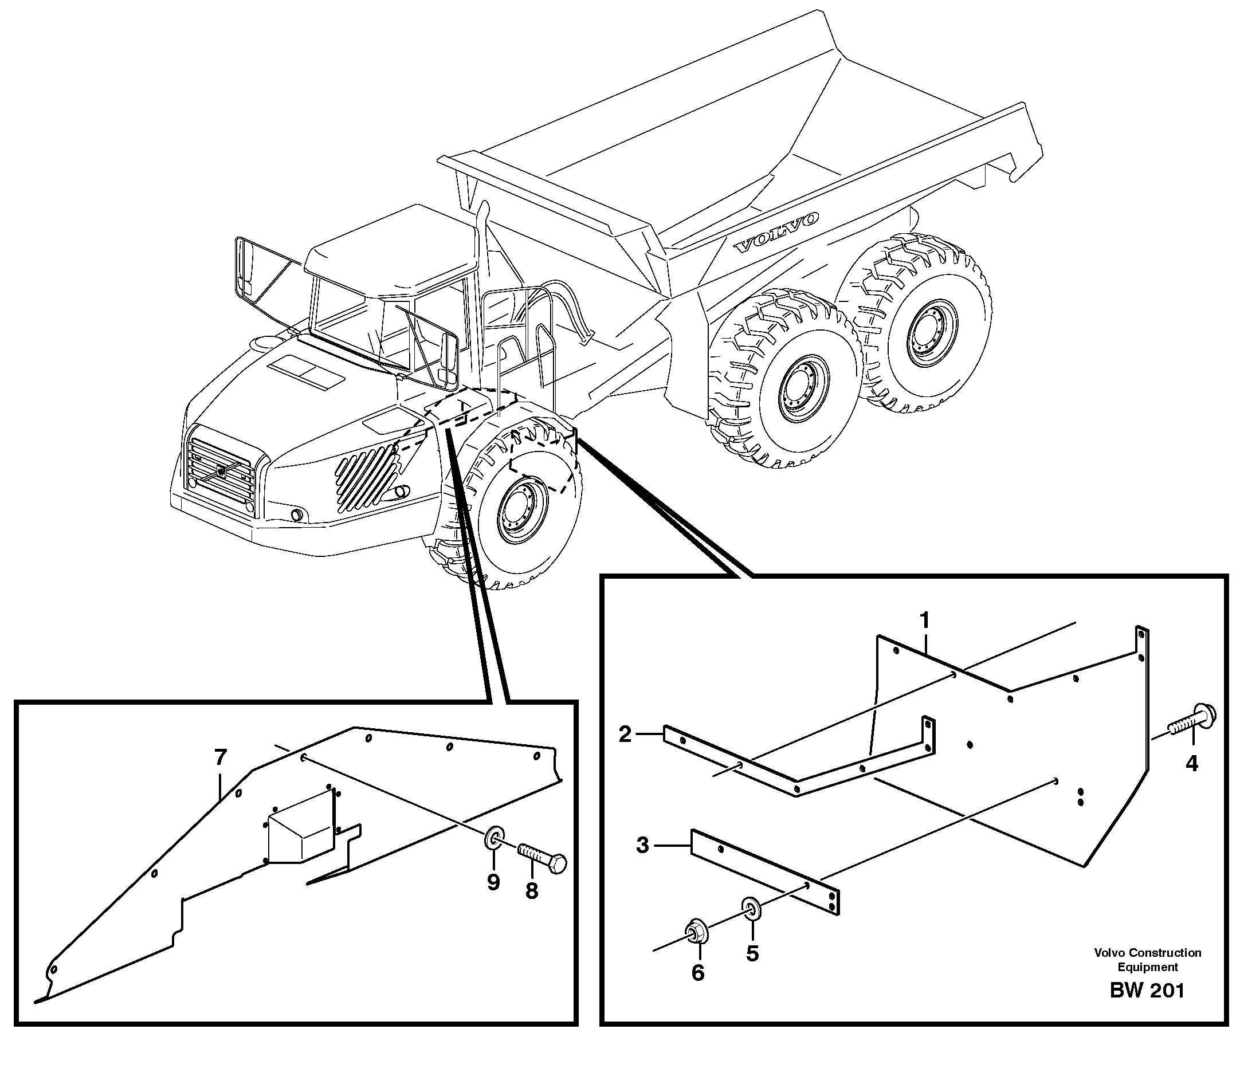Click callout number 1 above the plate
click(x=924, y=620)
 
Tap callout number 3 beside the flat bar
click(x=642, y=845)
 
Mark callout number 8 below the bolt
click(x=531, y=890)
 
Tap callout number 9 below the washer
click(x=493, y=882)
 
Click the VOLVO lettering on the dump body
click(x=776, y=232)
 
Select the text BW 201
click(x=1147, y=1007)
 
